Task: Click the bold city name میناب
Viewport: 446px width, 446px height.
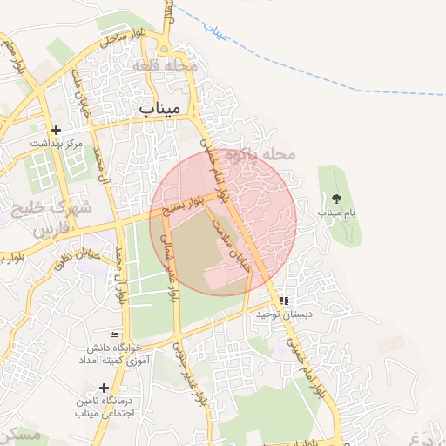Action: (x=159, y=109)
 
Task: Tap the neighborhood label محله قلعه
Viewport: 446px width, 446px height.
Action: (x=166, y=66)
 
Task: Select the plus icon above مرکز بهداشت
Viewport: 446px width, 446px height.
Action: (x=56, y=130)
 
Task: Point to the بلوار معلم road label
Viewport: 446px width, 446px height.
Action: (x=13, y=56)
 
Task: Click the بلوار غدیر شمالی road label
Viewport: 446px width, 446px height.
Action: (x=171, y=270)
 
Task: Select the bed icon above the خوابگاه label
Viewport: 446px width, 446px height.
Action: (x=114, y=335)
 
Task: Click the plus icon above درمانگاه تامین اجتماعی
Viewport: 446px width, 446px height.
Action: (x=105, y=387)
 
